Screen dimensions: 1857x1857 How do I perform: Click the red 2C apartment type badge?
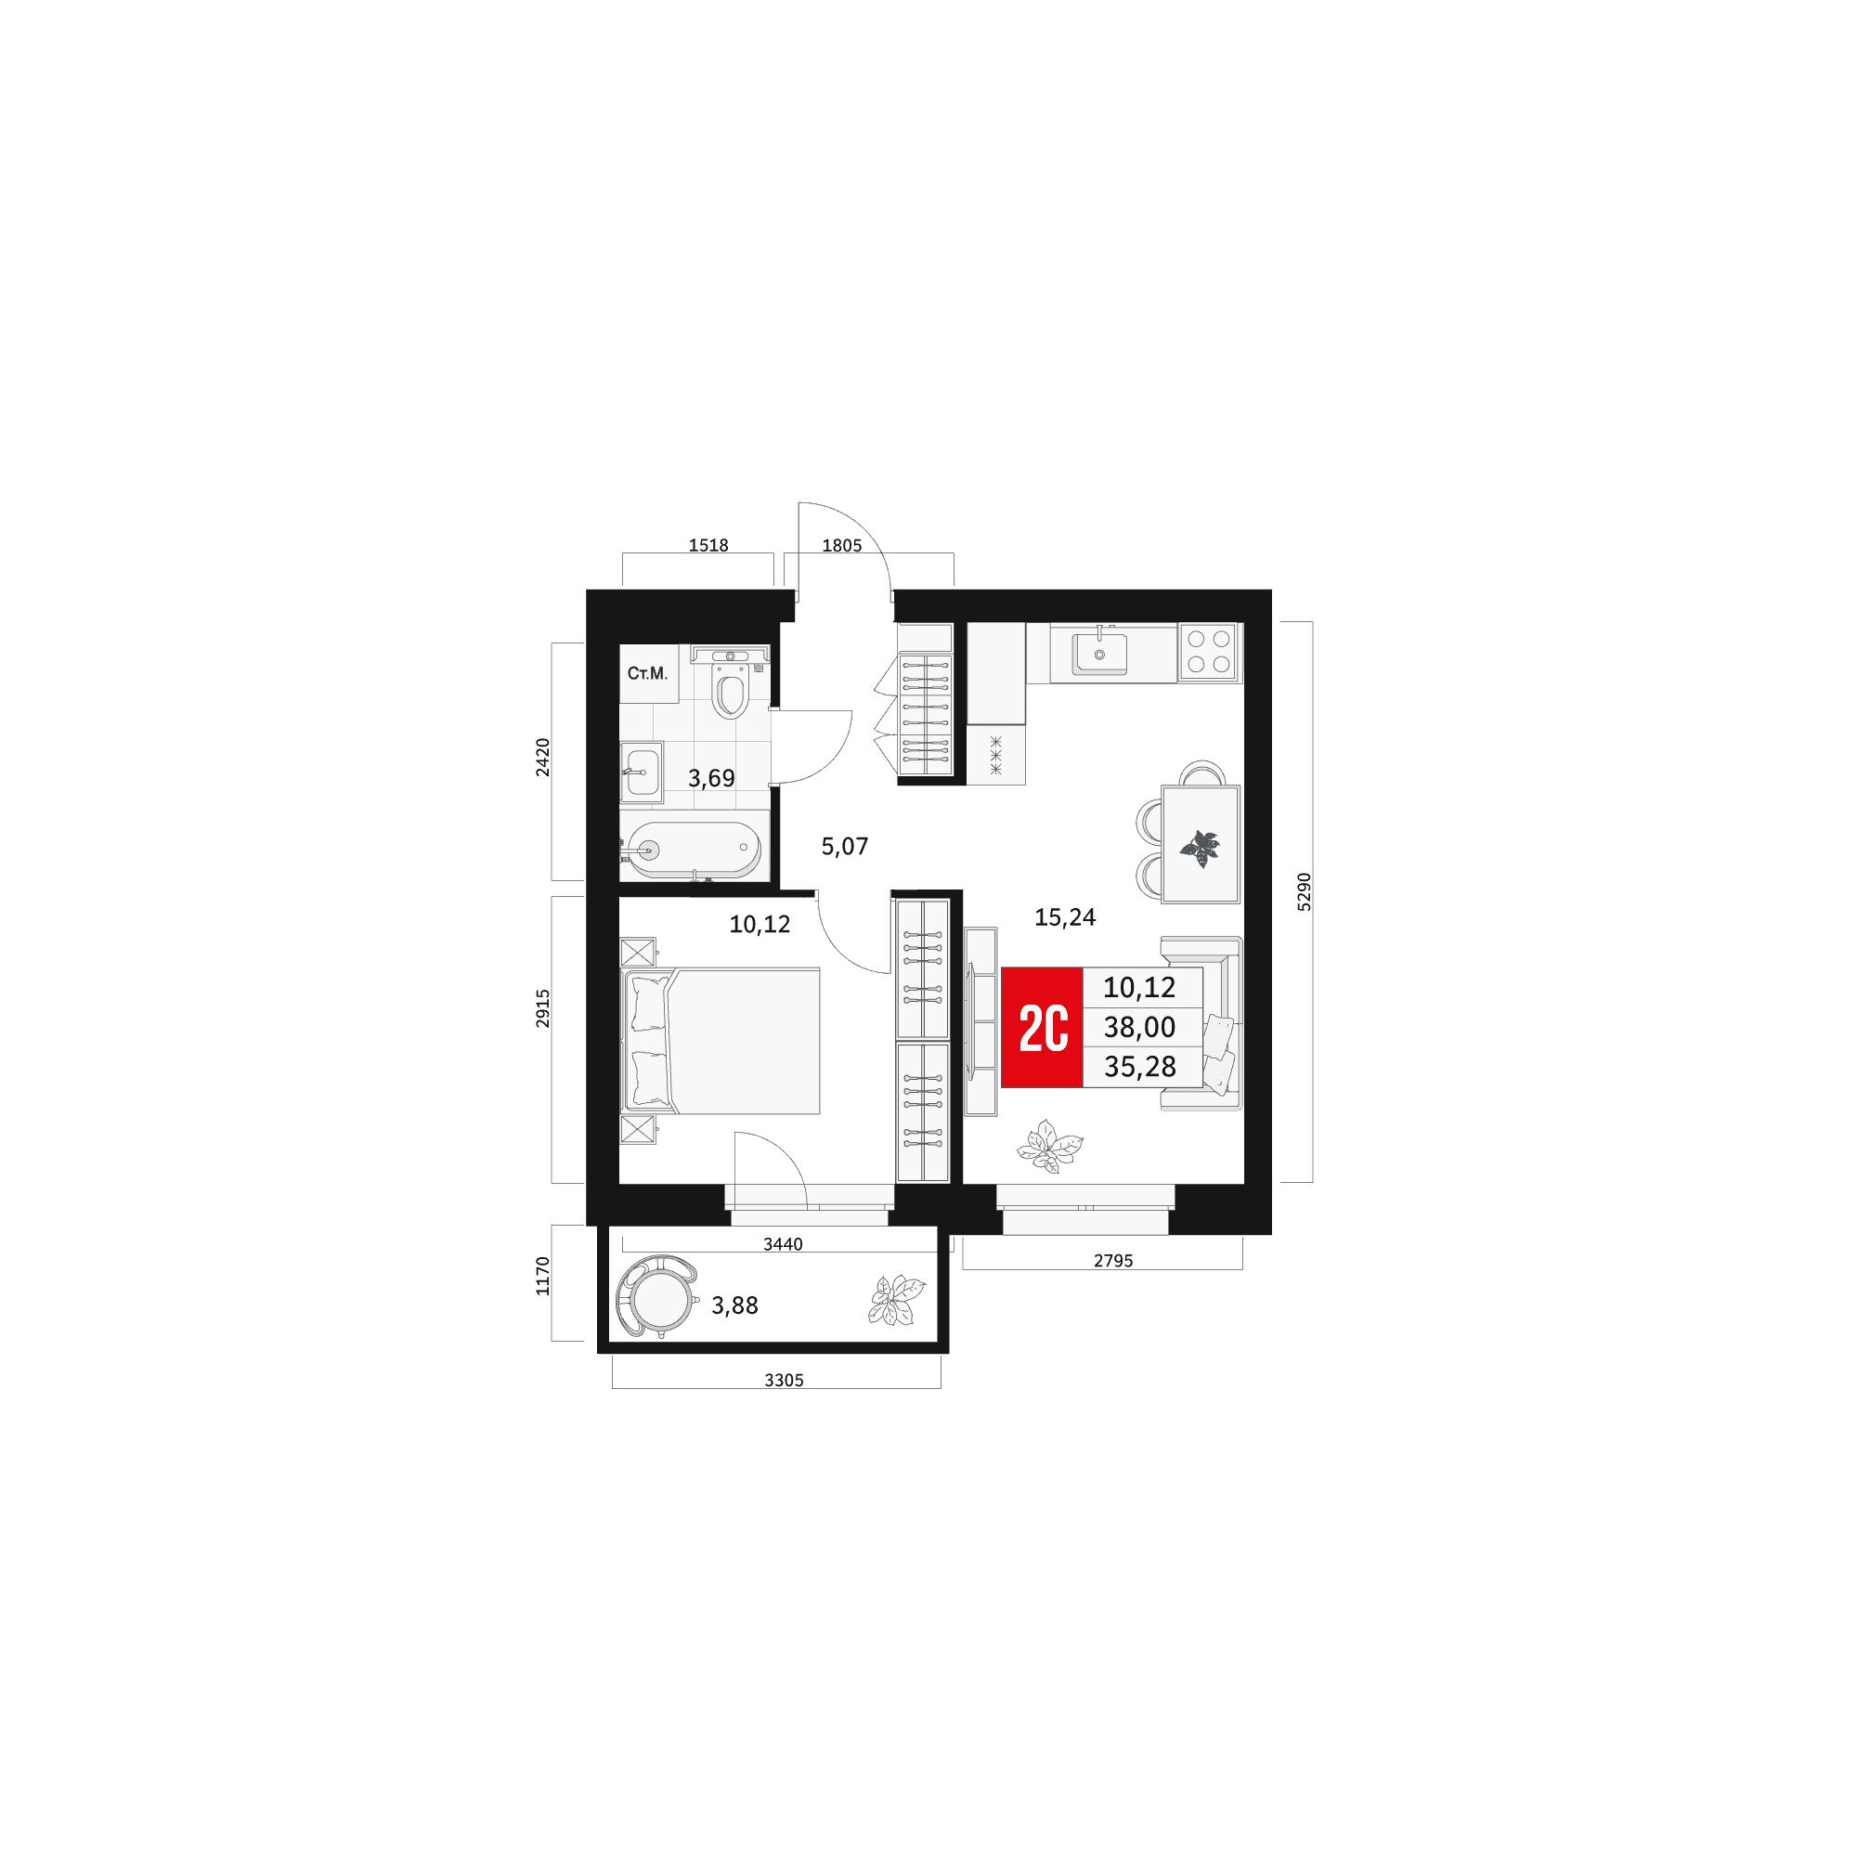[x=1042, y=1027]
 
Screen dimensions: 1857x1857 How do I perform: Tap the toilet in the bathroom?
[x=731, y=683]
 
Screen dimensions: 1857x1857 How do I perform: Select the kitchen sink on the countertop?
[x=1099, y=653]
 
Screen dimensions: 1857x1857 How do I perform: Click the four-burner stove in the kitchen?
[x=1208, y=652]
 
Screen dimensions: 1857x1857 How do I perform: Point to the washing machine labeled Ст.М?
[x=649, y=674]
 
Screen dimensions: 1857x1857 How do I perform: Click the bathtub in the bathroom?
[x=693, y=850]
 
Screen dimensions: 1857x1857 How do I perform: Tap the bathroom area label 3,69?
[x=711, y=779]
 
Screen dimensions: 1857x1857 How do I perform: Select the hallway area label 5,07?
[x=845, y=846]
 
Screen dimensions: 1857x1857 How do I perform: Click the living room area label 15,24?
[x=1065, y=917]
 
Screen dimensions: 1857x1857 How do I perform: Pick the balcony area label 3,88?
[x=735, y=1305]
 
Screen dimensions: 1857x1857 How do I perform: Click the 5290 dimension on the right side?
[x=1304, y=891]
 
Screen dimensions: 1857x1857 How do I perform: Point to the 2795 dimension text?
[x=1114, y=1260]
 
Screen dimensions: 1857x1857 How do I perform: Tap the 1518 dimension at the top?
[x=708, y=545]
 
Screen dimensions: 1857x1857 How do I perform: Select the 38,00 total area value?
[x=1140, y=1028]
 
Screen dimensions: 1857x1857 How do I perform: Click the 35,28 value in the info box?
[x=1140, y=1067]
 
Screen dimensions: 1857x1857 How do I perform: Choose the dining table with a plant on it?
[x=1201, y=844]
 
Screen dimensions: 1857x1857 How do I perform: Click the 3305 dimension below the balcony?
[x=785, y=1381]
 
